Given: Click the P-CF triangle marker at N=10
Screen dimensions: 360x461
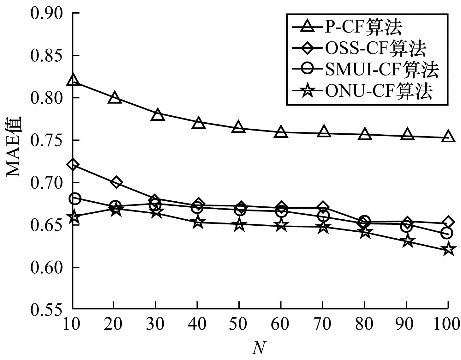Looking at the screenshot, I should (x=73, y=80).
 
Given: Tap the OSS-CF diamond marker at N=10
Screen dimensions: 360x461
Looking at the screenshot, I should (x=73, y=165).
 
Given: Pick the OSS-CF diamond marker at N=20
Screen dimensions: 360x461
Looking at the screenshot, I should (x=116, y=182).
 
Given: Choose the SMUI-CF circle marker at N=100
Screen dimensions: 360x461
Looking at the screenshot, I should (x=447, y=233).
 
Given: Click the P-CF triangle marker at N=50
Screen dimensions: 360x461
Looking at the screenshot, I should (x=239, y=127).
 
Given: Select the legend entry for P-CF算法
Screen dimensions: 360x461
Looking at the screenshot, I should (x=363, y=27).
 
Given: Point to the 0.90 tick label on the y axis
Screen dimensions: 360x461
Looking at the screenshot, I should (x=46, y=13).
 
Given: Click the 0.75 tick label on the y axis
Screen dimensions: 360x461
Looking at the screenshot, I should (x=46, y=140).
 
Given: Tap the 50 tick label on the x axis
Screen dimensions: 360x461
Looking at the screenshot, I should (x=239, y=325).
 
